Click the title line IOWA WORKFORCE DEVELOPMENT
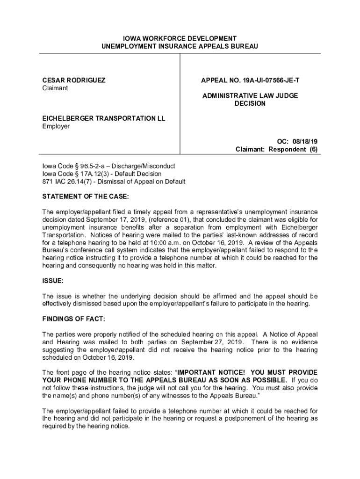(180, 38)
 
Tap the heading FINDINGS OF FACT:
(74, 319)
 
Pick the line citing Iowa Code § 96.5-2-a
(108, 166)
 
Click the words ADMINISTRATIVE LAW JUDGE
(250, 96)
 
